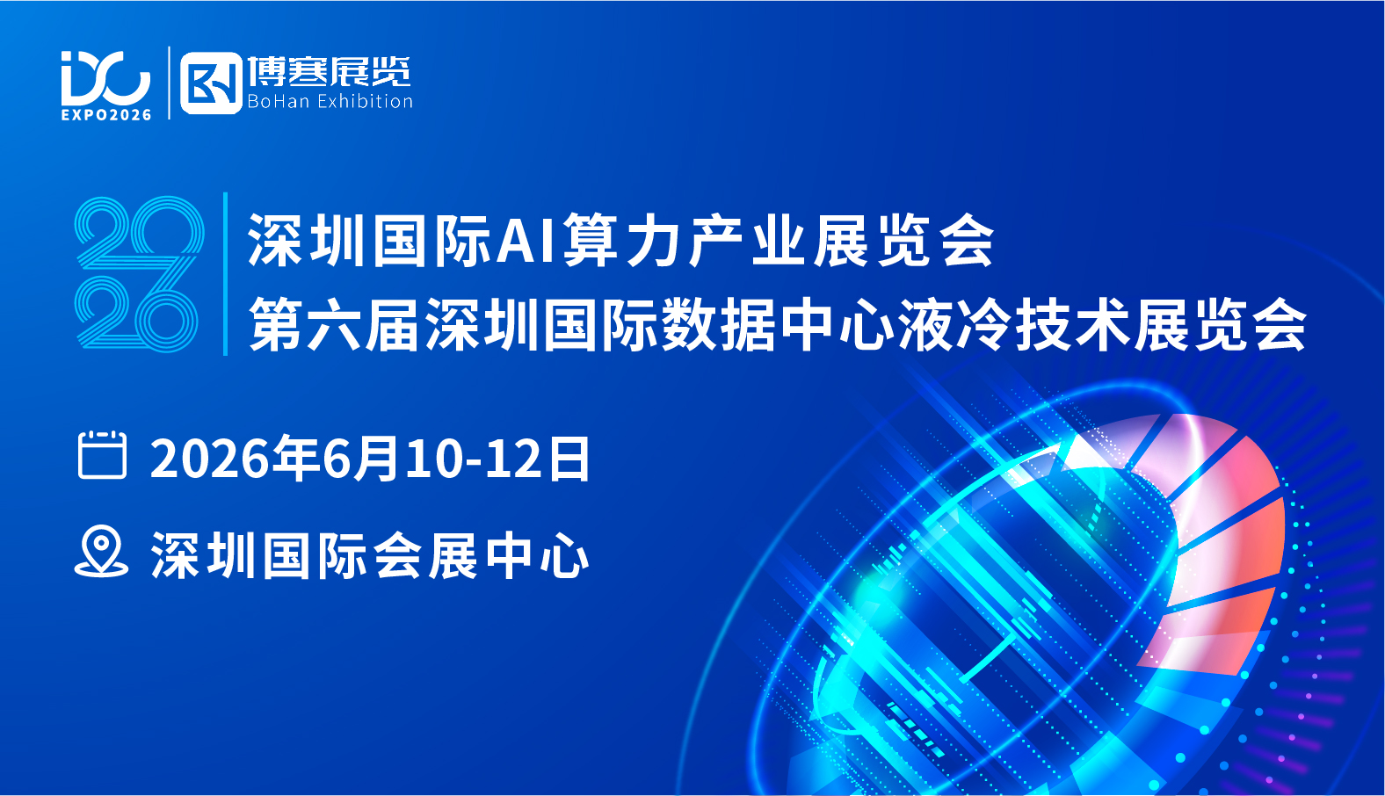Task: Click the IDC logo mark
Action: click(105, 78)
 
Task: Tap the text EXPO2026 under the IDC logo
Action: click(106, 114)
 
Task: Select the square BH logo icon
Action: click(211, 83)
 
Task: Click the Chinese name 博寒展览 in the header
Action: click(329, 72)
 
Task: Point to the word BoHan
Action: click(279, 101)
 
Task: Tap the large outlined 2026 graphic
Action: click(139, 274)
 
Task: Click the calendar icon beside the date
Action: click(103, 455)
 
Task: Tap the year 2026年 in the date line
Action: click(236, 458)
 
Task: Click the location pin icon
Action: click(101, 551)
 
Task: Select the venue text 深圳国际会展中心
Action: click(370, 555)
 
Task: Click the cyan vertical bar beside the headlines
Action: click(226, 274)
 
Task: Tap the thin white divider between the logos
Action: click(169, 83)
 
